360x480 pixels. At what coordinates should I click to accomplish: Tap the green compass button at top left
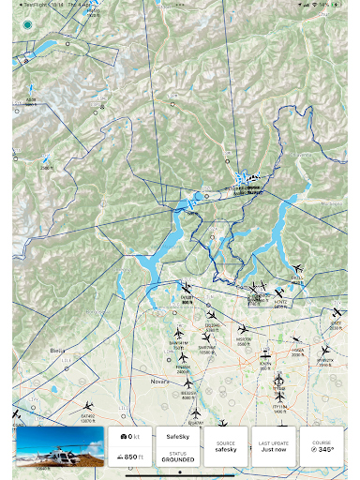coord(27,24)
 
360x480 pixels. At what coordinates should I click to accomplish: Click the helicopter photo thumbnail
coord(59,446)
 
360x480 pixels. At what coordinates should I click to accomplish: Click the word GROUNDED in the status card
coord(178,460)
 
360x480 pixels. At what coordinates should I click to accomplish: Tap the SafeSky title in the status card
coord(178,437)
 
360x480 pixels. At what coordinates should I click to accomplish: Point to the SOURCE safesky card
coord(227,446)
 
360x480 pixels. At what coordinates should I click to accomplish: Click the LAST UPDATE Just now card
coord(275,446)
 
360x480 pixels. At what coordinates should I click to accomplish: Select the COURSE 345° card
coord(323,446)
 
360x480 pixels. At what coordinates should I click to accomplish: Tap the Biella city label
coord(43,348)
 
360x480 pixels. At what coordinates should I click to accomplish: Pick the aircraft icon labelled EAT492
coord(88,406)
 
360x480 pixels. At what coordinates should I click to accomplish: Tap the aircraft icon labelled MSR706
coord(243,329)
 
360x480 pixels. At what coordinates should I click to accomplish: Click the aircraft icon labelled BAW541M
coord(178,333)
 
